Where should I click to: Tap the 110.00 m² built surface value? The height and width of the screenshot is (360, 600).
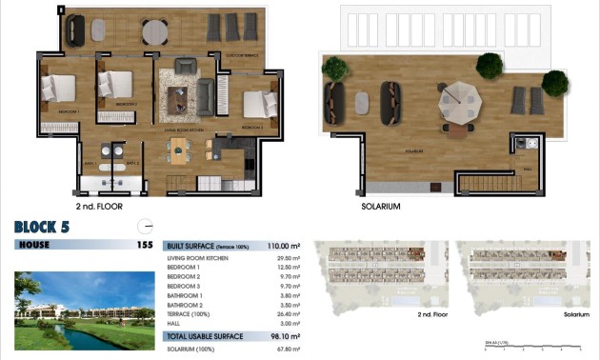(x=282, y=246)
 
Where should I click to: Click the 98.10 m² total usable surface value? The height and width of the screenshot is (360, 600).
(x=283, y=336)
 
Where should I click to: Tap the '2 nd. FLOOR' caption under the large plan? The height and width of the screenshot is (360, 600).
(x=99, y=206)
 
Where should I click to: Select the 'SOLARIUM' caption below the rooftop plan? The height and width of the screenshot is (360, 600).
(x=380, y=206)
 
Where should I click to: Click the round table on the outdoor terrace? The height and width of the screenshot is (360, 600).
(x=156, y=31)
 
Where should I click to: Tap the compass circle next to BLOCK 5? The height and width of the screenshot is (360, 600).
(x=145, y=226)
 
